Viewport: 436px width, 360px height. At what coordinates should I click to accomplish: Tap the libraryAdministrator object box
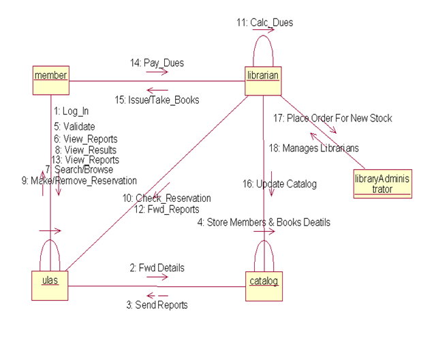[382, 184]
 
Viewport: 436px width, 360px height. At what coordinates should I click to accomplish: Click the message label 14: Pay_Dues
[157, 63]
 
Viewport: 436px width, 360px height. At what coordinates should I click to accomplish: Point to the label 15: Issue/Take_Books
[157, 100]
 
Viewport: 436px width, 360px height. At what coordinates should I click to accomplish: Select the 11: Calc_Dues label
[265, 22]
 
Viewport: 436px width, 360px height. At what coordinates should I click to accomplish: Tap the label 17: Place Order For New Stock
[332, 118]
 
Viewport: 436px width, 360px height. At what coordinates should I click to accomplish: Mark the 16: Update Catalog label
[279, 183]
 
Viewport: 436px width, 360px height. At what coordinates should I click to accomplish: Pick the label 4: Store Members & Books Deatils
[264, 222]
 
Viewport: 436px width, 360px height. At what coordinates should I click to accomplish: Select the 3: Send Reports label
[156, 305]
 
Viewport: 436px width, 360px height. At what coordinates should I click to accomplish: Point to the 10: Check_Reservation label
[166, 198]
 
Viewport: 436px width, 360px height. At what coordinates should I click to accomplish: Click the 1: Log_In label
[71, 110]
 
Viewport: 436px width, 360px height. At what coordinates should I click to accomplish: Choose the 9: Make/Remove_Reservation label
[79, 181]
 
